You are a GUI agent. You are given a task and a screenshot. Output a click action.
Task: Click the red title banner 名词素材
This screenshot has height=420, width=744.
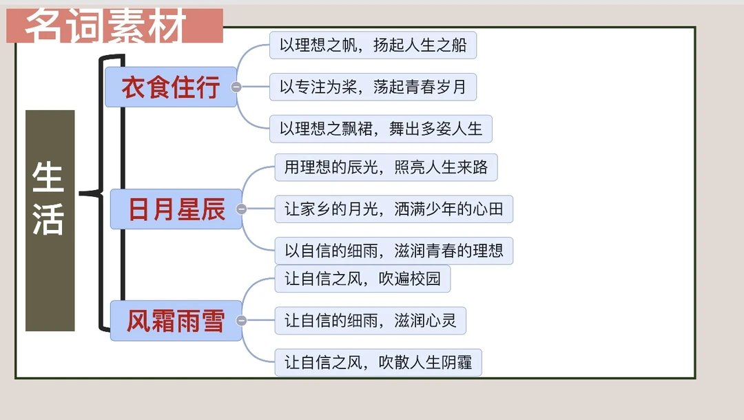pyautogui.click(x=114, y=26)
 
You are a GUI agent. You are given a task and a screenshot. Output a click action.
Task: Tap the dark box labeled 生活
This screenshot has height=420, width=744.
pyautogui.click(x=50, y=220)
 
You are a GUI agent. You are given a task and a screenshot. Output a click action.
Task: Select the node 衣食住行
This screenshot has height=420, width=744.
pyautogui.click(x=170, y=87)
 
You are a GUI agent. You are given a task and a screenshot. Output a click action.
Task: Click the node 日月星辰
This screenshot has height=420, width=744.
pyautogui.click(x=176, y=209)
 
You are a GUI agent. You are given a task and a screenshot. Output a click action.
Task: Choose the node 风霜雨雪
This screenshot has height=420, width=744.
pyautogui.click(x=176, y=321)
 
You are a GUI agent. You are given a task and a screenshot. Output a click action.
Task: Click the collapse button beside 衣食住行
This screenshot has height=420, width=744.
pyautogui.click(x=236, y=87)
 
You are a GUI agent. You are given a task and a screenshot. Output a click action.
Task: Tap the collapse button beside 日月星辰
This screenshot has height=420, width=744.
pyautogui.click(x=241, y=209)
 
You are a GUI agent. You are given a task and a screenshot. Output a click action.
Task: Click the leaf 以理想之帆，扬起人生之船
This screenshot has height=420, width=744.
pyautogui.click(x=373, y=45)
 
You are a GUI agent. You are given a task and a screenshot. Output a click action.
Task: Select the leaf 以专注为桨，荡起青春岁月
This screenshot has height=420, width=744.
pyautogui.click(x=373, y=87)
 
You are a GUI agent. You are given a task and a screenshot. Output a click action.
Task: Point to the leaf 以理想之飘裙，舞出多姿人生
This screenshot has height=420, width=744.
pyautogui.click(x=380, y=129)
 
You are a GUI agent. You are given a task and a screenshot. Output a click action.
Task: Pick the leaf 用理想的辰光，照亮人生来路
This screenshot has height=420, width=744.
pyautogui.click(x=386, y=167)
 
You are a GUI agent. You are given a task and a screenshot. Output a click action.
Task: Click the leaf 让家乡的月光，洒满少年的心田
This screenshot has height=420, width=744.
pyautogui.click(x=394, y=209)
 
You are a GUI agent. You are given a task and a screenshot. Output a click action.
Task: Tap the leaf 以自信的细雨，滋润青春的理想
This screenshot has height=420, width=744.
pyautogui.click(x=394, y=251)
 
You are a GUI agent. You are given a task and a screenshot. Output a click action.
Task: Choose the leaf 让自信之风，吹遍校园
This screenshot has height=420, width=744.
pyautogui.click(x=362, y=279)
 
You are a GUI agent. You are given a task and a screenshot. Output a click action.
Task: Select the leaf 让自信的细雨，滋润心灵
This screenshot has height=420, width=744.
pyautogui.click(x=370, y=321)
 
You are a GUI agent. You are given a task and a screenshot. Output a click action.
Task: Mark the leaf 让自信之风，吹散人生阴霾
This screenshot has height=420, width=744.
pyautogui.click(x=378, y=362)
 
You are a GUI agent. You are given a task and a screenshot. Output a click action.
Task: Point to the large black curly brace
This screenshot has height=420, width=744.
pyautogui.click(x=103, y=193)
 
